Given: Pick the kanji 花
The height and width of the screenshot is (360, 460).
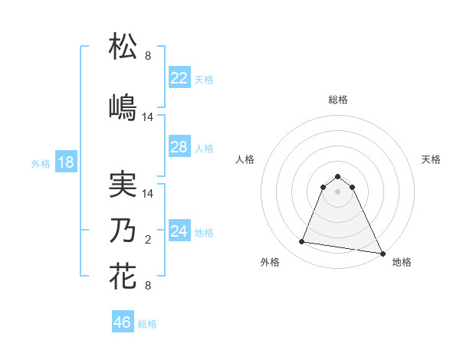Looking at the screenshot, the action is (x=123, y=276).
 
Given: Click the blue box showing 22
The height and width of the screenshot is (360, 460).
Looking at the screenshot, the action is (x=179, y=78).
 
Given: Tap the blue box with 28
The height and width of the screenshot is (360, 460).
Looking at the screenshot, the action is (x=179, y=147).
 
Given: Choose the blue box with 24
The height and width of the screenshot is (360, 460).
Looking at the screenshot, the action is (x=179, y=231).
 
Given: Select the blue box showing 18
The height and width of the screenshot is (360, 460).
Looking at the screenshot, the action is (x=65, y=162).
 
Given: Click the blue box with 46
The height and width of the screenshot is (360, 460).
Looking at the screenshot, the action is (x=123, y=322).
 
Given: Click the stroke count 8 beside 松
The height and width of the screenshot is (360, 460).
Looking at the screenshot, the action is (x=148, y=56).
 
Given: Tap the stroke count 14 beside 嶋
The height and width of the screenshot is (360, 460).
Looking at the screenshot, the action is (x=148, y=116).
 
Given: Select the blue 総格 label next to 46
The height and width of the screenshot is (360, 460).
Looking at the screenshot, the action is (x=147, y=324).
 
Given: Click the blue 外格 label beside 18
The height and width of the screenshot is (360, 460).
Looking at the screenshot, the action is (x=41, y=163).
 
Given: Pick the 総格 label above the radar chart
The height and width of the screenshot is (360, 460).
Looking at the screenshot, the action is (x=337, y=100).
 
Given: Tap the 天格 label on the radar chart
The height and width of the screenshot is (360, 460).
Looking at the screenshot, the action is (x=431, y=159).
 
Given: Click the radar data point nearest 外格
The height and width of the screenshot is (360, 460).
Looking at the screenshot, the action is (x=302, y=242).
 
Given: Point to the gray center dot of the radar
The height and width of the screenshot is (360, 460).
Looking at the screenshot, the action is (x=337, y=191).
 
